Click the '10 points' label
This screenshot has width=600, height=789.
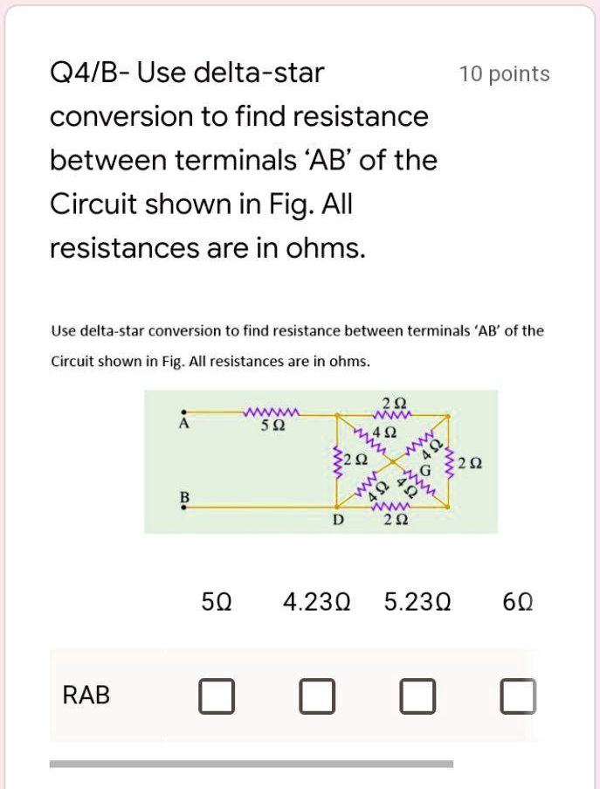tap(504, 74)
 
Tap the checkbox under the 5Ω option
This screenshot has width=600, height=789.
tap(216, 696)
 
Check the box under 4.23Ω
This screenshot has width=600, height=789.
tap(316, 696)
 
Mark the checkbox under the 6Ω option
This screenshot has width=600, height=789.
tap(520, 696)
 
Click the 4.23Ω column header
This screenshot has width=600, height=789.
tap(316, 602)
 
